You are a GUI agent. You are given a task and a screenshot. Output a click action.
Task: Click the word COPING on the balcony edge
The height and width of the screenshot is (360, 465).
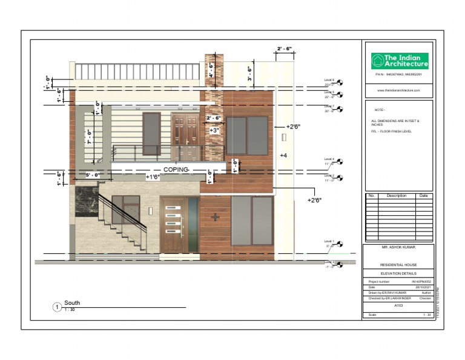click(x=176, y=170)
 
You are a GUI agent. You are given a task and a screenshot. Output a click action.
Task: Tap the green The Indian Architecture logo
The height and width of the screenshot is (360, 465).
click(x=399, y=60)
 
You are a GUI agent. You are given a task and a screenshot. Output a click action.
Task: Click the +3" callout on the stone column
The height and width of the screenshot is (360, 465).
click(x=214, y=130)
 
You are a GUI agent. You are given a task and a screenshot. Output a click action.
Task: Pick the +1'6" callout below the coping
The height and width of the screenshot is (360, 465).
click(x=153, y=177)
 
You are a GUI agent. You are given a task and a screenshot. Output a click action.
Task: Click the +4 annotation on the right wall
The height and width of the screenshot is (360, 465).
click(x=283, y=156)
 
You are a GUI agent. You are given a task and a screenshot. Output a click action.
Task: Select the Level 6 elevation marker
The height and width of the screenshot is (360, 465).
click(x=339, y=82)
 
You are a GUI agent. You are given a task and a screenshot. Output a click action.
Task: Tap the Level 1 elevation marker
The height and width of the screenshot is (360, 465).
click(x=339, y=244)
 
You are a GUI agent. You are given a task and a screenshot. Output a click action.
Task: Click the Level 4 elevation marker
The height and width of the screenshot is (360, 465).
click(x=339, y=161)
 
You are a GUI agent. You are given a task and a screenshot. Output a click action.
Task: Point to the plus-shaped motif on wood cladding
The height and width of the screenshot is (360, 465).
click(x=214, y=216)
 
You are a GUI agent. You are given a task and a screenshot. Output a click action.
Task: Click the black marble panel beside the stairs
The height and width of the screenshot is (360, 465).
click(x=85, y=201)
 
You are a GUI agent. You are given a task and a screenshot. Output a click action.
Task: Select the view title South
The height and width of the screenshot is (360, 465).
click(x=72, y=303)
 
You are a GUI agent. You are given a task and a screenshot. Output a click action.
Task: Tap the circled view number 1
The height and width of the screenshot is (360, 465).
click(x=56, y=307)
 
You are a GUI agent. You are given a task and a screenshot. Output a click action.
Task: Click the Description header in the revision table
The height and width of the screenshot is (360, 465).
click(x=397, y=196)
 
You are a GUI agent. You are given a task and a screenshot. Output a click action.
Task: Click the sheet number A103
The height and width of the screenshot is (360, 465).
click(x=398, y=305)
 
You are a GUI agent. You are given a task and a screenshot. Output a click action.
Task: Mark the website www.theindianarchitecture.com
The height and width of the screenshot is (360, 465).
click(x=398, y=90)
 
